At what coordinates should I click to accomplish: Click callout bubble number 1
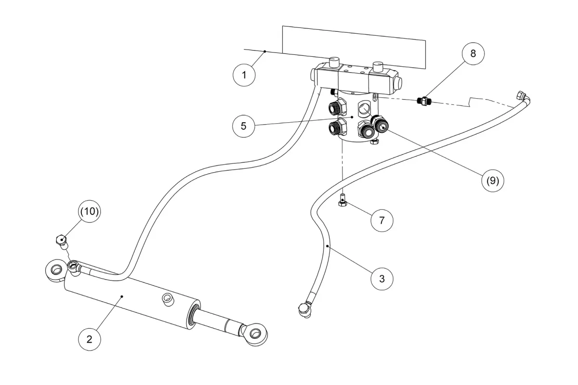click(244, 75)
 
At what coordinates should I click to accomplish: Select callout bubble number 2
click(89, 339)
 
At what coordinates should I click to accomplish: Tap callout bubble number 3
click(382, 279)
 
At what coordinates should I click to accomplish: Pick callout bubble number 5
click(244, 126)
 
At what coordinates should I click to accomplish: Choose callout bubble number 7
click(382, 220)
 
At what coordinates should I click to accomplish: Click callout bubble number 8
click(473, 53)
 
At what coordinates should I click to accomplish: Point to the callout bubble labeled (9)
click(493, 181)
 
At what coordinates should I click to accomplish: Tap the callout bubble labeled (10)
click(89, 211)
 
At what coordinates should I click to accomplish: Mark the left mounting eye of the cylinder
click(55, 270)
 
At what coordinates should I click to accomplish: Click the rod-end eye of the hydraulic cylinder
click(254, 334)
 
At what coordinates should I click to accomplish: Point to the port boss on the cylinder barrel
click(168, 300)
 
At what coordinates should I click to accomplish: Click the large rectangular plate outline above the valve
click(354, 47)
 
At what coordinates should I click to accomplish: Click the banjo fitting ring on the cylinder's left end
click(73, 265)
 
